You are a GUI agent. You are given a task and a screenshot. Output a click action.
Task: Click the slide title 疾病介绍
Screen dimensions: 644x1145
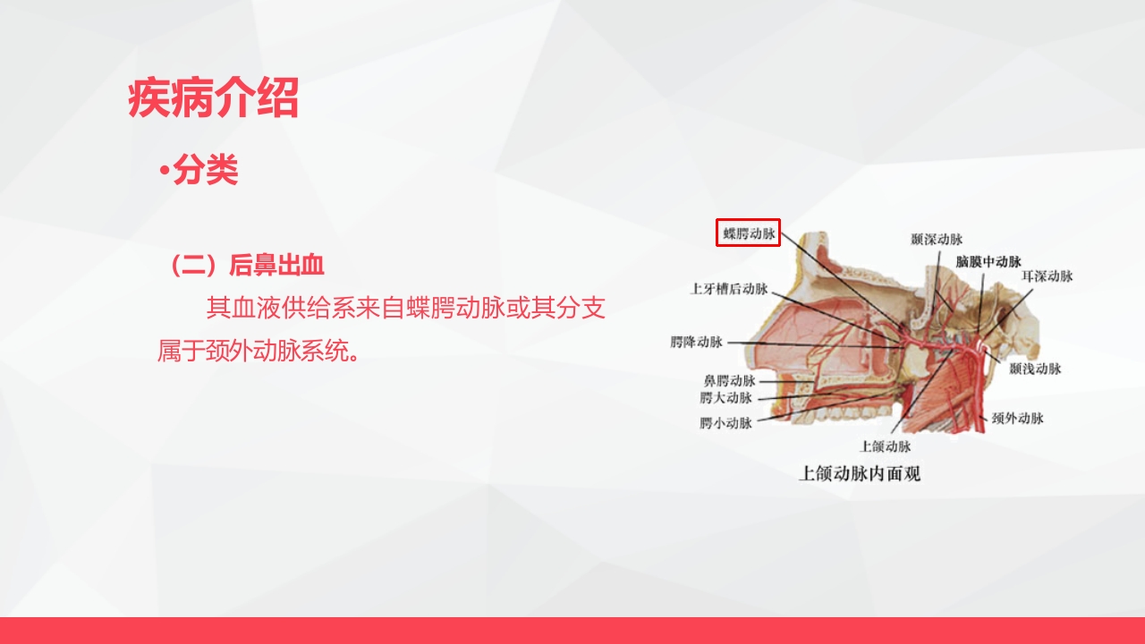coord(213,99)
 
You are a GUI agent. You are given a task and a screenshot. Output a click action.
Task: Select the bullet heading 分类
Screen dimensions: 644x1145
coord(206,170)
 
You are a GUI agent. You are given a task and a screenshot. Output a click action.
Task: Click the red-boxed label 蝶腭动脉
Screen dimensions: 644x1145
coord(750,233)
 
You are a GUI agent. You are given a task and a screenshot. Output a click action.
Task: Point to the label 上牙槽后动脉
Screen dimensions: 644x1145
coord(729,289)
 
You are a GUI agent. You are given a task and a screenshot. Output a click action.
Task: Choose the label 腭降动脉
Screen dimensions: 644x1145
coord(696,342)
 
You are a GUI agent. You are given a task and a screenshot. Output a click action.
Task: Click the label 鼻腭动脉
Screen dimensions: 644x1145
coord(729,381)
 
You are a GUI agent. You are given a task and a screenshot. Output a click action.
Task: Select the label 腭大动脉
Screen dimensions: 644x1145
coord(725,398)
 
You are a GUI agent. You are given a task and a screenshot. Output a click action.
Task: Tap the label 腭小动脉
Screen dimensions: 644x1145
coord(725,423)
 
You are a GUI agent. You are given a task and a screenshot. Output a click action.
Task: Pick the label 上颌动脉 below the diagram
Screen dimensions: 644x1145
coord(886,445)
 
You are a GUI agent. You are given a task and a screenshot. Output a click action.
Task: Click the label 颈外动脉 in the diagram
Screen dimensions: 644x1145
coord(1017,418)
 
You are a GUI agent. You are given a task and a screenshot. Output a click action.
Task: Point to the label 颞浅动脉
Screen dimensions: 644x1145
coord(1035,369)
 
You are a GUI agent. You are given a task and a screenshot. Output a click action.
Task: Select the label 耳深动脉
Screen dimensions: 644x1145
coord(1047,276)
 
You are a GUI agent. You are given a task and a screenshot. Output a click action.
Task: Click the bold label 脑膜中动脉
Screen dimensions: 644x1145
coord(988,262)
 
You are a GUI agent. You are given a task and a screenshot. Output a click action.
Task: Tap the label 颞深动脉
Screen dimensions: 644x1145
coord(937,240)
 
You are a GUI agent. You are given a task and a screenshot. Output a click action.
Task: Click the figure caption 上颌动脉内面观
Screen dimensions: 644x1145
coord(859,474)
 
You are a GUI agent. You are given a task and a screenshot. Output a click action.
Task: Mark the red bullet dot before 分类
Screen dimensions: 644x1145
coord(164,171)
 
